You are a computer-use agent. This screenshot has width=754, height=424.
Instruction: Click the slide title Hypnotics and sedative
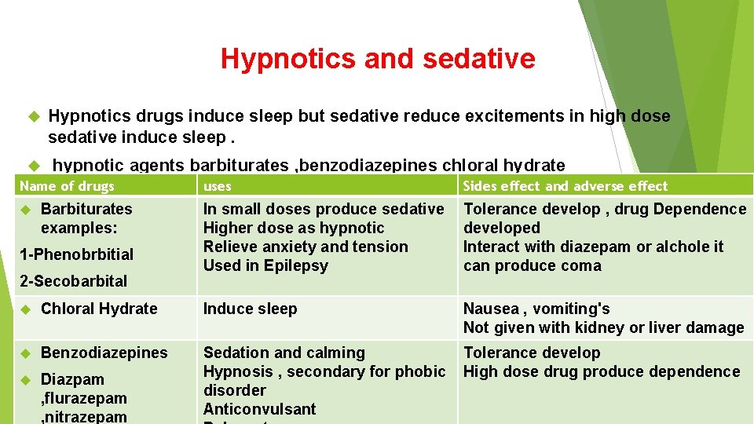pyautogui.click(x=378, y=58)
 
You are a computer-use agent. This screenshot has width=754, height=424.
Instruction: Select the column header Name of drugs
pyautogui.click(x=67, y=186)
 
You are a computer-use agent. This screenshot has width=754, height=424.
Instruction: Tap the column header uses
pyautogui.click(x=217, y=186)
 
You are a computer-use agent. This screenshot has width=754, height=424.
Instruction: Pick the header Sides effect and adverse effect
pyautogui.click(x=565, y=186)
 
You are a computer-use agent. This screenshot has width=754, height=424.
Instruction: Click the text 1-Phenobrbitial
pyautogui.click(x=76, y=254)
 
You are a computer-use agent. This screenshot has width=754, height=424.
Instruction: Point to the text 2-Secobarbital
pyautogui.click(x=72, y=280)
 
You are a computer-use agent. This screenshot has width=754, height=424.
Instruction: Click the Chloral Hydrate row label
pyautogui.click(x=99, y=309)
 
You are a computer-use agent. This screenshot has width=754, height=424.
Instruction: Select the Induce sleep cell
pyautogui.click(x=250, y=309)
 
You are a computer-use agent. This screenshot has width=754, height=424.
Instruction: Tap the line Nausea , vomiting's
pyautogui.click(x=536, y=309)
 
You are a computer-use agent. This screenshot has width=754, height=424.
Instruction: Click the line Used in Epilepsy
pyautogui.click(x=265, y=265)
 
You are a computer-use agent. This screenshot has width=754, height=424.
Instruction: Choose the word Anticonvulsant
pyautogui.click(x=259, y=409)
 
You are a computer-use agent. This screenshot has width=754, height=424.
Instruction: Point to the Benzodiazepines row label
pyautogui.click(x=104, y=353)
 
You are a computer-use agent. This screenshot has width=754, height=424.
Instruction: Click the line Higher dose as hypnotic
pyautogui.click(x=294, y=228)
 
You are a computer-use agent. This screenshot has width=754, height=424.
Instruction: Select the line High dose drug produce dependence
pyautogui.click(x=602, y=371)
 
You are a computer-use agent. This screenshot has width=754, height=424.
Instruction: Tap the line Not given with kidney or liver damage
pyautogui.click(x=603, y=327)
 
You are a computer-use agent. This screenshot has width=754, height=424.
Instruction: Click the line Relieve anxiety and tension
pyautogui.click(x=306, y=247)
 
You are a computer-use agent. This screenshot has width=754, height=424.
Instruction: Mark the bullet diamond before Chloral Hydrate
pyautogui.click(x=25, y=309)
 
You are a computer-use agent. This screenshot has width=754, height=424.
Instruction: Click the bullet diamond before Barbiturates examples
pyautogui.click(x=25, y=209)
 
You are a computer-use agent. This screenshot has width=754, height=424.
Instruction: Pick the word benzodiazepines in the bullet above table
pyautogui.click(x=368, y=165)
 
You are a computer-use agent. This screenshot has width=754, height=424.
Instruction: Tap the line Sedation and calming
pyautogui.click(x=284, y=353)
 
